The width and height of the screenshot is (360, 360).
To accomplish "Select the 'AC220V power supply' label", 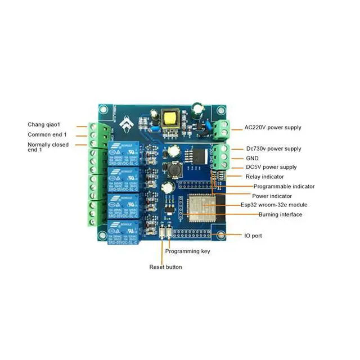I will click(273, 128).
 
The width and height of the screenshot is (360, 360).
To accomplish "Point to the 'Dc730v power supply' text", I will click(273, 148).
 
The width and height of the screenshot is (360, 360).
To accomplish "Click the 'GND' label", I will click(253, 158).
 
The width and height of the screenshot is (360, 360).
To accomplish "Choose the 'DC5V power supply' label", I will click(271, 167).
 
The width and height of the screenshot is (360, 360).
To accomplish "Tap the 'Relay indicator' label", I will click(265, 177).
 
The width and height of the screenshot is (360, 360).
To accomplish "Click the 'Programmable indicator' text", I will click(283, 186).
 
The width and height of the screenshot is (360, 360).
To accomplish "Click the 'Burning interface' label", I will click(280, 214).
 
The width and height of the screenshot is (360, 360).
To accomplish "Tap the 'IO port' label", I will click(253, 236).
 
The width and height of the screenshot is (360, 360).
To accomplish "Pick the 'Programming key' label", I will click(187, 251).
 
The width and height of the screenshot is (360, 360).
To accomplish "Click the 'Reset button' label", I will click(165, 267).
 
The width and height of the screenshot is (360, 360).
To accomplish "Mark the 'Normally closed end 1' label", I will click(48, 147).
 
